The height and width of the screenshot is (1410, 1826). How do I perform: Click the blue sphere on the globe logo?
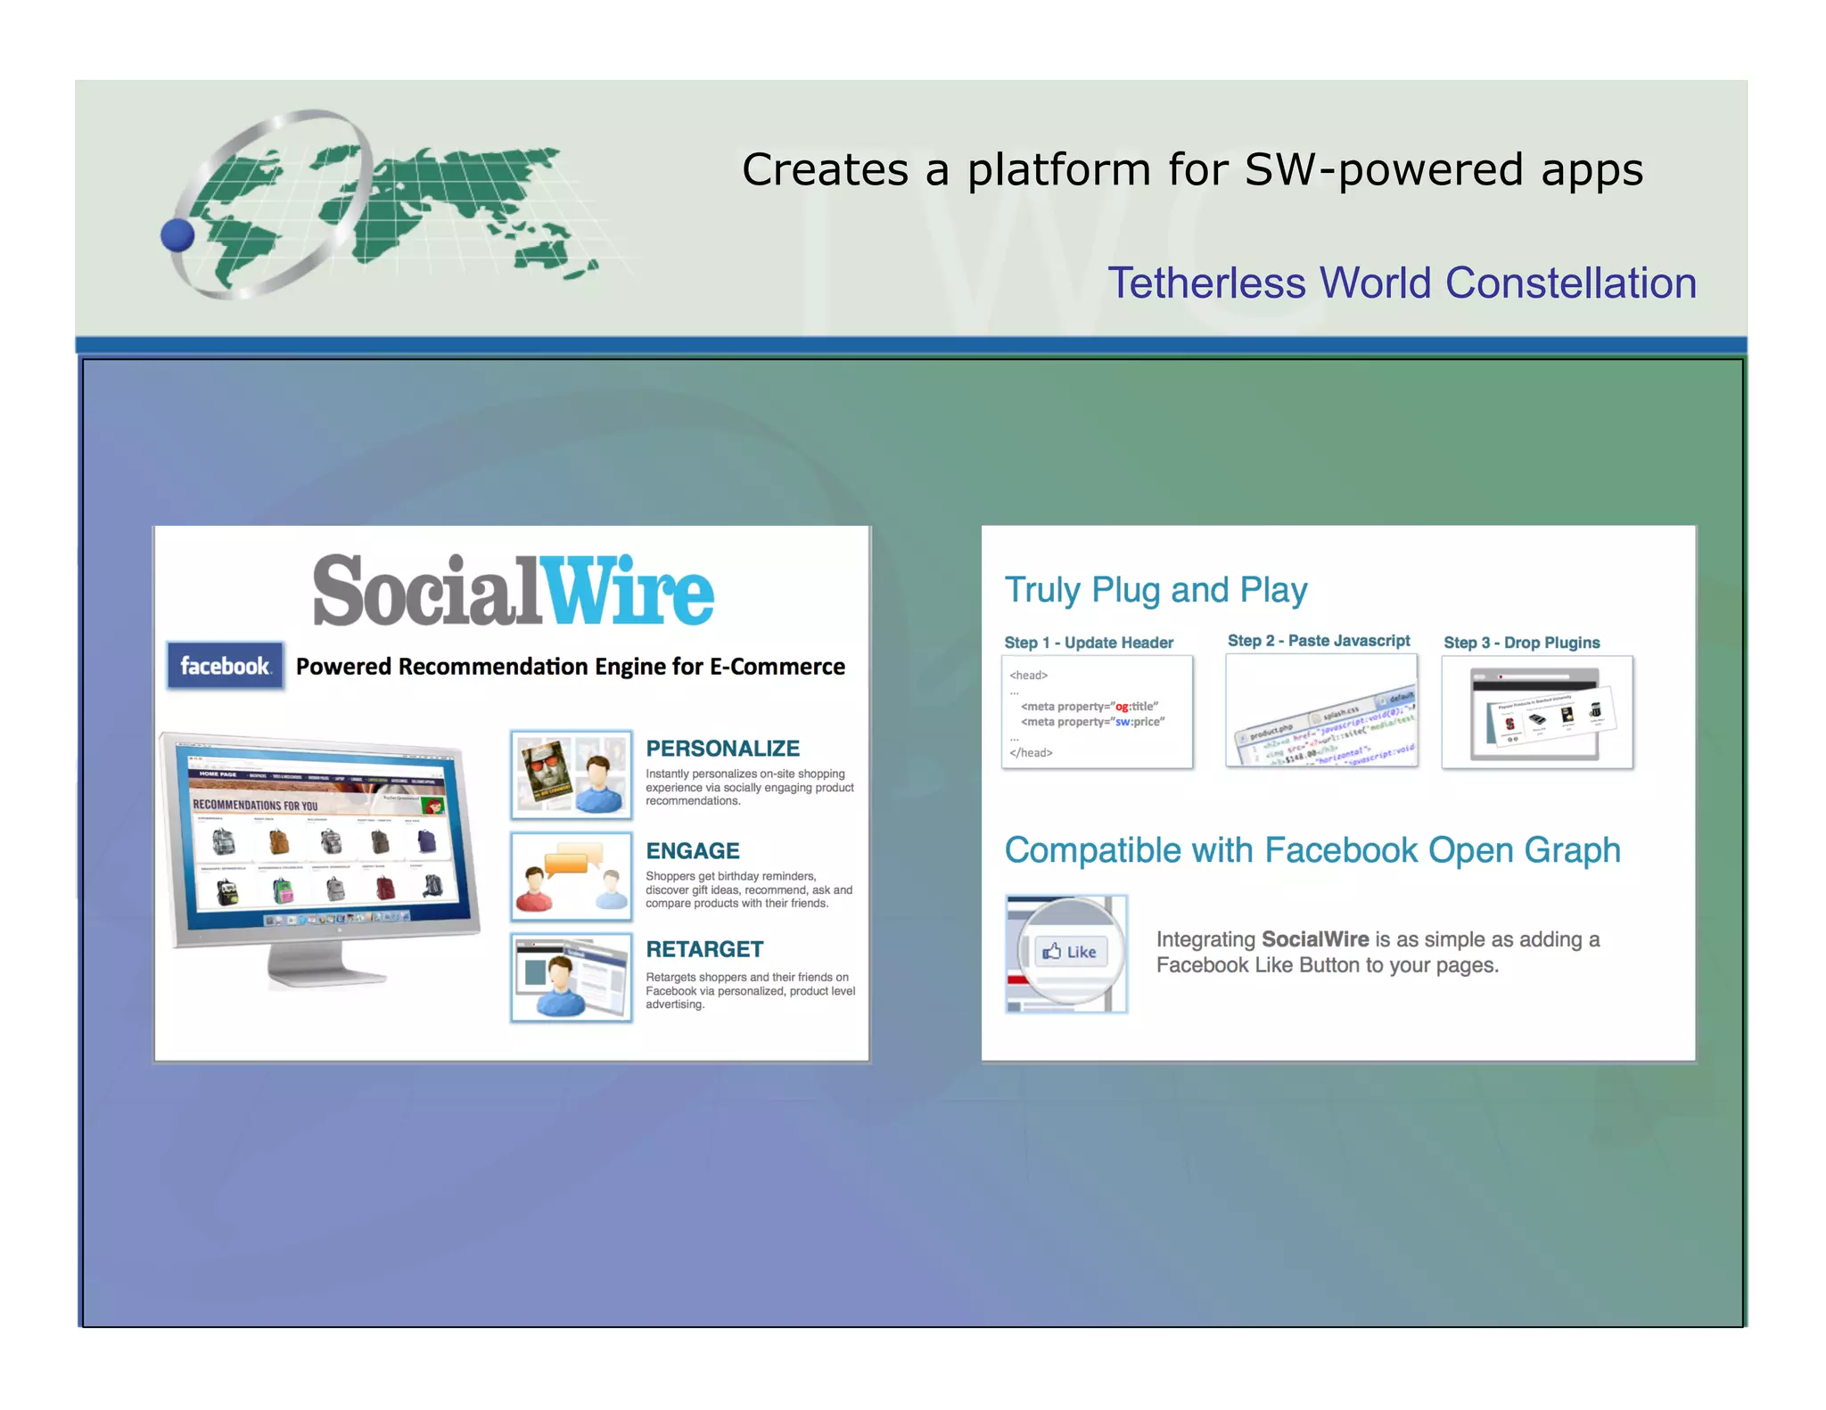(177, 235)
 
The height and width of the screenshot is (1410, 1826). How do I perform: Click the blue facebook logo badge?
(225, 666)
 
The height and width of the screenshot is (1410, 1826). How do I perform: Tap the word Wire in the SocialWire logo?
(629, 591)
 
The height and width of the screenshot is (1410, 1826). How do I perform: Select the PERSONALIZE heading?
(722, 749)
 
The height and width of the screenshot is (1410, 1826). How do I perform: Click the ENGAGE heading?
(693, 851)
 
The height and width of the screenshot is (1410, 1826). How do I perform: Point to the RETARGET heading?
(704, 949)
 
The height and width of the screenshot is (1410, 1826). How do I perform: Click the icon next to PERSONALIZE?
(572, 775)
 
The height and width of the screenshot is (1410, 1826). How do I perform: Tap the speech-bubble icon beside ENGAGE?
(572, 876)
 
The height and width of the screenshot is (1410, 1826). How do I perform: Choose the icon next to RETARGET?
(572, 978)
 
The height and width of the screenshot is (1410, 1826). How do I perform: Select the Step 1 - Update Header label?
(1089, 643)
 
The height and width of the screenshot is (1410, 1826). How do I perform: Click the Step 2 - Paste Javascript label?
(1319, 641)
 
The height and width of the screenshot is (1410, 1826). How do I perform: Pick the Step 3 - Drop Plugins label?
(1521, 643)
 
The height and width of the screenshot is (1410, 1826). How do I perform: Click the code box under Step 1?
(1097, 712)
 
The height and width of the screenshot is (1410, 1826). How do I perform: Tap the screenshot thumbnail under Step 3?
(1537, 712)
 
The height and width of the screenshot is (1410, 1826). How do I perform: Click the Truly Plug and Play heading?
(1156, 590)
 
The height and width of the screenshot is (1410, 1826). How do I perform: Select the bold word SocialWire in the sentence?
(1315, 939)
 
